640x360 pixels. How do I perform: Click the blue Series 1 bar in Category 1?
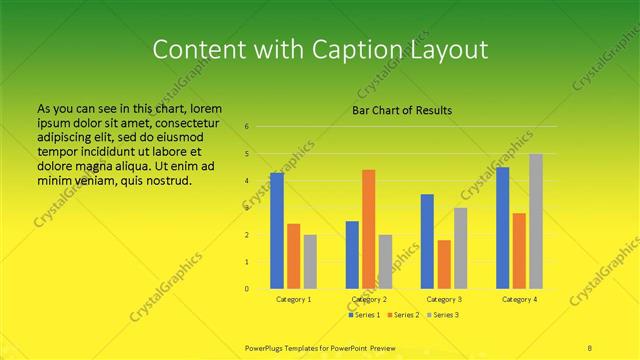tap(277, 231)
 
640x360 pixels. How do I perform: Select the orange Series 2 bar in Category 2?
tap(369, 229)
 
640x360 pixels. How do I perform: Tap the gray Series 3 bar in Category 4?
tap(536, 221)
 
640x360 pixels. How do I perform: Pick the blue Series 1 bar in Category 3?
tap(427, 241)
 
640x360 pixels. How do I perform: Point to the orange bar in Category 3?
tap(444, 264)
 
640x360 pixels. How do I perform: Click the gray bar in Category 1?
tap(310, 261)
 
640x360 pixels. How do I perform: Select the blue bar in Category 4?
tap(503, 228)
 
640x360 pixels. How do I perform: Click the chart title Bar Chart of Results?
tap(402, 110)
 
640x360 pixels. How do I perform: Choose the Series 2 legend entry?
tap(403, 315)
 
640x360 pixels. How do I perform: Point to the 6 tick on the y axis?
tap(246, 127)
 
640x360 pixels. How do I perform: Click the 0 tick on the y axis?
tap(246, 289)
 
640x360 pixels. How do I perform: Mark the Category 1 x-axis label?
tap(293, 299)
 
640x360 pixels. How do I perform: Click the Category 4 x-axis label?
tap(519, 299)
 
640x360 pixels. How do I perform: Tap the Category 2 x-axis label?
tap(368, 299)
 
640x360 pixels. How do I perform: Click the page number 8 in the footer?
tap(590, 347)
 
